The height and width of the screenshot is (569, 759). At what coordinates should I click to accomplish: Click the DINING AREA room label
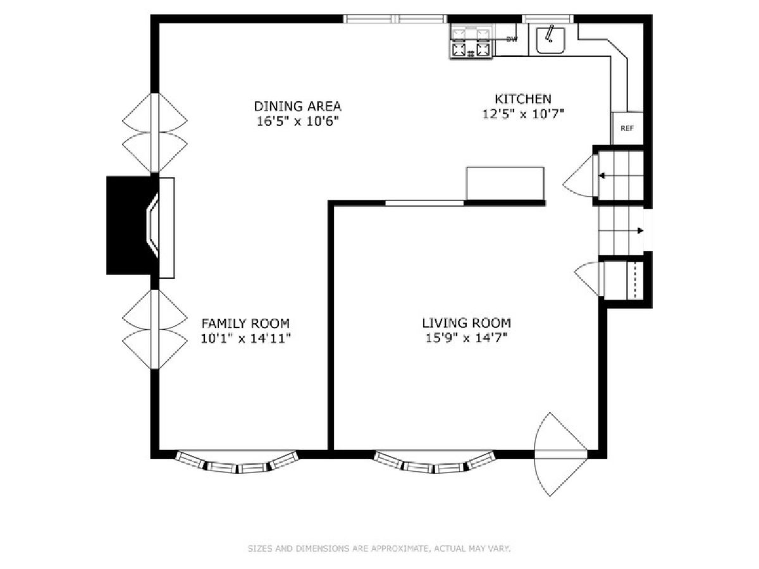[x=297, y=106]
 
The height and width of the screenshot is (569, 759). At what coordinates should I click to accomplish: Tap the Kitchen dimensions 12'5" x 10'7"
[x=523, y=114]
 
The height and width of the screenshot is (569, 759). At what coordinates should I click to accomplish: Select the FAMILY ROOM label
[x=245, y=324]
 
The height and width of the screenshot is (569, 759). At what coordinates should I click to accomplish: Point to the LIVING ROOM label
[x=466, y=323]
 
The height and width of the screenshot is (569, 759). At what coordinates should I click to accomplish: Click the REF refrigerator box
[x=627, y=128]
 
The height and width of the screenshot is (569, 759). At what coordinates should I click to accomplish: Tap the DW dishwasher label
[x=512, y=39]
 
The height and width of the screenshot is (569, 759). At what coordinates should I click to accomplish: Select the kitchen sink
[x=550, y=40]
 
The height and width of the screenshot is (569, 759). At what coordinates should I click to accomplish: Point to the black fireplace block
[x=129, y=225]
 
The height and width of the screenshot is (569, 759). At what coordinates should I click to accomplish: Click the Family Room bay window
[x=237, y=462]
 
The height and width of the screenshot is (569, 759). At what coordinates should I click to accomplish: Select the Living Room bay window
[x=435, y=462]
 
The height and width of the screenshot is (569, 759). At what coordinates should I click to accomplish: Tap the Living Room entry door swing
[x=560, y=455]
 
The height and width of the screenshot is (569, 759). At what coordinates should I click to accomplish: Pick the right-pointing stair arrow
[x=621, y=231]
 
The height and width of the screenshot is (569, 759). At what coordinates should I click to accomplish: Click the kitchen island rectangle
[x=505, y=183]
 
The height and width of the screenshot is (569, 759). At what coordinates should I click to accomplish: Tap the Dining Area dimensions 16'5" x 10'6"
[x=297, y=121]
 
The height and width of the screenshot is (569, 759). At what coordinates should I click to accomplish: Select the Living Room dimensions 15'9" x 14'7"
[x=466, y=338]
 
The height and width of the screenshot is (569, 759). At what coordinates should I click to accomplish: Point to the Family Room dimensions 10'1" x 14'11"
[x=245, y=338]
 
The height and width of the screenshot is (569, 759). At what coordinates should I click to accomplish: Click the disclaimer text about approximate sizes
[x=379, y=548]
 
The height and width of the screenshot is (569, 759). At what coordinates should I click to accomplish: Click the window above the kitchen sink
[x=547, y=19]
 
